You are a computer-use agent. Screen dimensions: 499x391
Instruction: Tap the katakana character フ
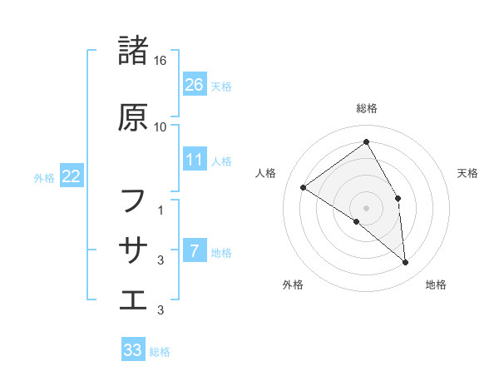tap(133, 200)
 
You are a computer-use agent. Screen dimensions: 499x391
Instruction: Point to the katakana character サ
tap(133, 249)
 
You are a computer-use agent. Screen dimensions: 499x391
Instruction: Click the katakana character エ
tap(133, 299)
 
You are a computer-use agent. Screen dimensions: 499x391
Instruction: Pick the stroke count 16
tap(161, 61)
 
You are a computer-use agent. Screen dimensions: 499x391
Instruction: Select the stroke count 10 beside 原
tap(161, 127)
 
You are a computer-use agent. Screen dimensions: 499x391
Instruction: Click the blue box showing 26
tap(194, 85)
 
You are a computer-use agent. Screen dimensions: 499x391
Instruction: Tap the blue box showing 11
tap(194, 160)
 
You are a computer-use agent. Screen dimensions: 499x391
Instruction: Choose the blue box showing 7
tap(194, 251)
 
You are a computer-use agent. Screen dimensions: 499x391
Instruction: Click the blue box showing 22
tap(72, 176)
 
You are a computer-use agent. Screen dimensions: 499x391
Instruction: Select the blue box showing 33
tap(133, 350)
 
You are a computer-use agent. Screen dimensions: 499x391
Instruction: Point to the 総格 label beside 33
tap(160, 352)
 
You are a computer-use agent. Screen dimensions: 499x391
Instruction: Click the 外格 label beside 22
tap(44, 177)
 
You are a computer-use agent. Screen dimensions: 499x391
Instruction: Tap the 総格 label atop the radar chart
tap(366, 109)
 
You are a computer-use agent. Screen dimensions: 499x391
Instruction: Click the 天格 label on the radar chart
tap(468, 173)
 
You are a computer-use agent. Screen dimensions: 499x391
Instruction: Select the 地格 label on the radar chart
tap(436, 285)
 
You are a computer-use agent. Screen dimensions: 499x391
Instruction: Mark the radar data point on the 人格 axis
tap(303, 187)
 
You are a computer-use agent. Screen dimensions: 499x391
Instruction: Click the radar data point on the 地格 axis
tap(405, 262)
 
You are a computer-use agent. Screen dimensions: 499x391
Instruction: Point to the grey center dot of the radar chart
tap(366, 207)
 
